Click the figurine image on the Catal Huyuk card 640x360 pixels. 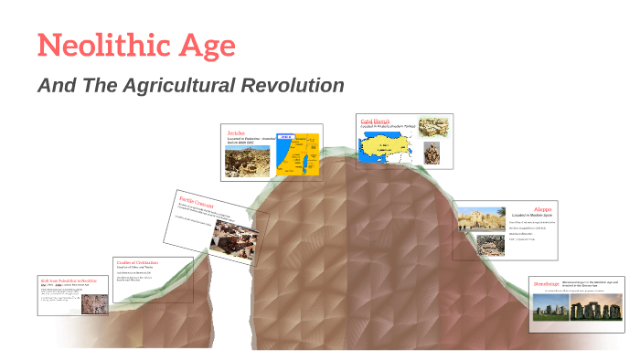(433, 154)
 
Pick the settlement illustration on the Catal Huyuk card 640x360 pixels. (433, 127)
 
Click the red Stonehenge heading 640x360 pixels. (549, 285)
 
